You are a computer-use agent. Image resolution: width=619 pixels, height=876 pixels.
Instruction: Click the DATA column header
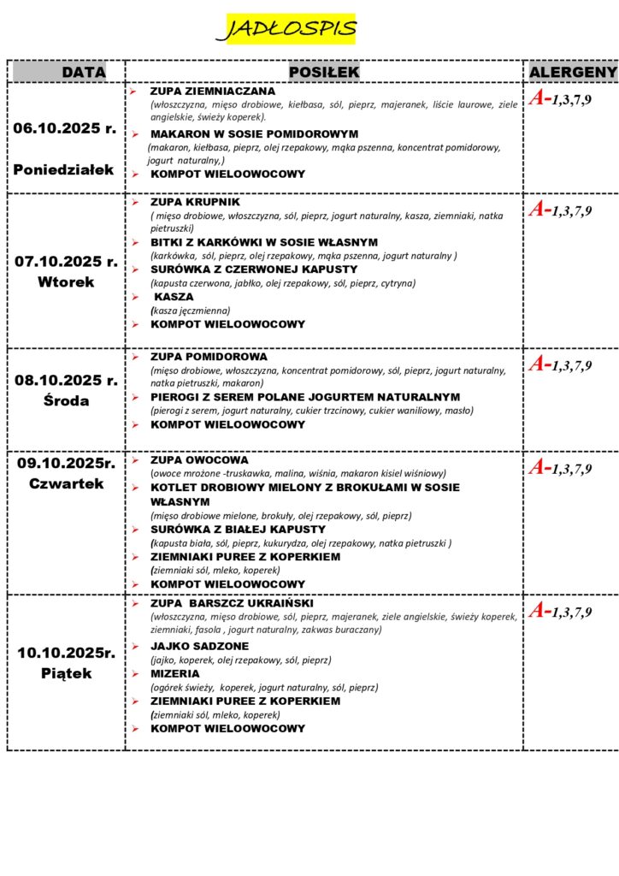pyautogui.click(x=83, y=73)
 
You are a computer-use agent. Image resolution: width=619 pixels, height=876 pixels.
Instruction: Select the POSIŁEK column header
pyautogui.click(x=324, y=73)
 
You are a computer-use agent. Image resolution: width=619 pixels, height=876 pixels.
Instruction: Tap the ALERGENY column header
pyautogui.click(x=572, y=73)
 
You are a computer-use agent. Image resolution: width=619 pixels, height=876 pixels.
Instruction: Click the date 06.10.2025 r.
pyautogui.click(x=65, y=128)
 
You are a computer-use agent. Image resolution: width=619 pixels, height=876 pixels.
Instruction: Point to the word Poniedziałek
pyautogui.click(x=63, y=169)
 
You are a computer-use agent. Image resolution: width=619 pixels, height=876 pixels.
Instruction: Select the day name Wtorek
pyautogui.click(x=65, y=281)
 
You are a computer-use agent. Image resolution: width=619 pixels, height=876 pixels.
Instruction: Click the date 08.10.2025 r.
pyautogui.click(x=66, y=381)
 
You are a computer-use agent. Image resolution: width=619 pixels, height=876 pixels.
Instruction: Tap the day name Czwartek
pyautogui.click(x=65, y=483)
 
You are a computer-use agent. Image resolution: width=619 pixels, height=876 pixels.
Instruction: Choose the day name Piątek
pyautogui.click(x=65, y=673)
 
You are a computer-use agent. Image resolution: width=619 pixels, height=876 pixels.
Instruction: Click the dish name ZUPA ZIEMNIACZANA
pyautogui.click(x=213, y=91)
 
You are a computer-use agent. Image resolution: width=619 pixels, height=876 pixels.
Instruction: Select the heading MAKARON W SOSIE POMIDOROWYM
pyautogui.click(x=254, y=134)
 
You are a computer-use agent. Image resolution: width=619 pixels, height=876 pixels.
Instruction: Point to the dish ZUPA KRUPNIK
pyautogui.click(x=195, y=203)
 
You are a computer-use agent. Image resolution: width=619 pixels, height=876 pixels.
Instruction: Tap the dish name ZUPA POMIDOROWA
pyautogui.click(x=209, y=356)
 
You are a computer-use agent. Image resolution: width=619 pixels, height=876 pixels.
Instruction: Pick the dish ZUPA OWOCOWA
pyautogui.click(x=199, y=459)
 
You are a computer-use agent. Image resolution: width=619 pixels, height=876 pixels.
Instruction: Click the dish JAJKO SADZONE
pyautogui.click(x=199, y=646)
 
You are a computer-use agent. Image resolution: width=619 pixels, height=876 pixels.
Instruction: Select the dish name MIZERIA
pyautogui.click(x=175, y=673)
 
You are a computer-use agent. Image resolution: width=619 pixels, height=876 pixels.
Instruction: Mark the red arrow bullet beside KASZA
pyautogui.click(x=134, y=298)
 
